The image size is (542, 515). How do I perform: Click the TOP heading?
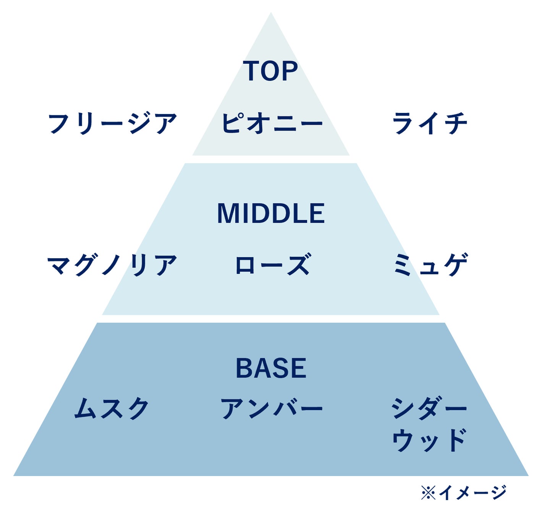270,71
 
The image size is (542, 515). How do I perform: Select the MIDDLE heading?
271,213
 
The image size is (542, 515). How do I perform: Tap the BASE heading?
271,368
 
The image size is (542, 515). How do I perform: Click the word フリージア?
112,123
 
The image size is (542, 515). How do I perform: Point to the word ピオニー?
272,123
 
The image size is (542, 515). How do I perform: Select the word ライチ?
430,123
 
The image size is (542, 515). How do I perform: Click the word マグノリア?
112,265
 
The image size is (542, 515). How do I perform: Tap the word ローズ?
272,265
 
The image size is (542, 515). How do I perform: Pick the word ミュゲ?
430,265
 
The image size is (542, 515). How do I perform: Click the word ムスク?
112,408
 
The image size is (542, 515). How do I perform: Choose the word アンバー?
272,408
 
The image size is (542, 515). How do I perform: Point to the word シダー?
429,408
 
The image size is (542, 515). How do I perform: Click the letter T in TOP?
252,71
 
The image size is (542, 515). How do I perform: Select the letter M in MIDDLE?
228,213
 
